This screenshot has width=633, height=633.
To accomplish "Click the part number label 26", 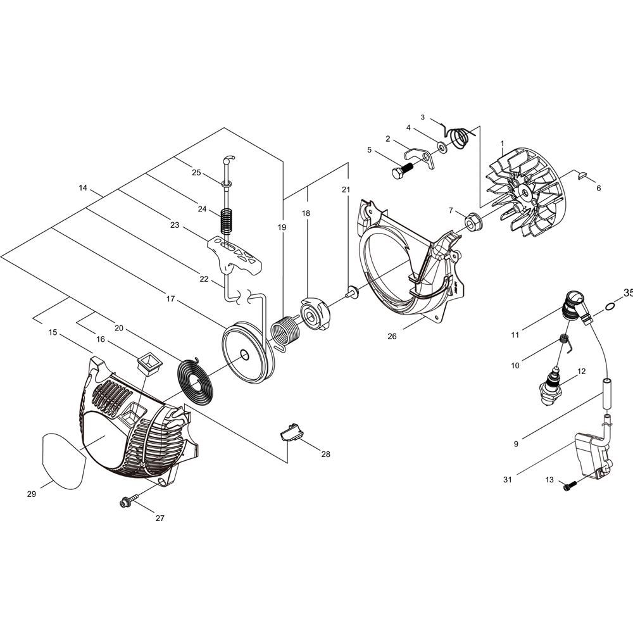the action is coord(392,336).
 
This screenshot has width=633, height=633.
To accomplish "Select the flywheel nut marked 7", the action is coord(472,223).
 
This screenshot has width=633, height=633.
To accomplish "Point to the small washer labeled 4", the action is coord(442,147).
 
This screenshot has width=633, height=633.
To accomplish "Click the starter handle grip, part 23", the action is coord(234,255).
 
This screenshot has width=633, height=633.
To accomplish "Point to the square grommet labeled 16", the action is coord(150,365).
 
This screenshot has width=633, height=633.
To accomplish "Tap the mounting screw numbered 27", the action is coord(128,500).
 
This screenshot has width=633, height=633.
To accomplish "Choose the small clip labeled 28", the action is coord(292,432).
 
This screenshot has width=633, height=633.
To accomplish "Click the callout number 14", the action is coord(83,188).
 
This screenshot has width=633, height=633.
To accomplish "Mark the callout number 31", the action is coord(508,480).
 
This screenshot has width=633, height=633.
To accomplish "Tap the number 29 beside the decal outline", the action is coord(32,494).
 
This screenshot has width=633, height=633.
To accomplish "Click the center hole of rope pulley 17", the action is coord(244,354).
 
